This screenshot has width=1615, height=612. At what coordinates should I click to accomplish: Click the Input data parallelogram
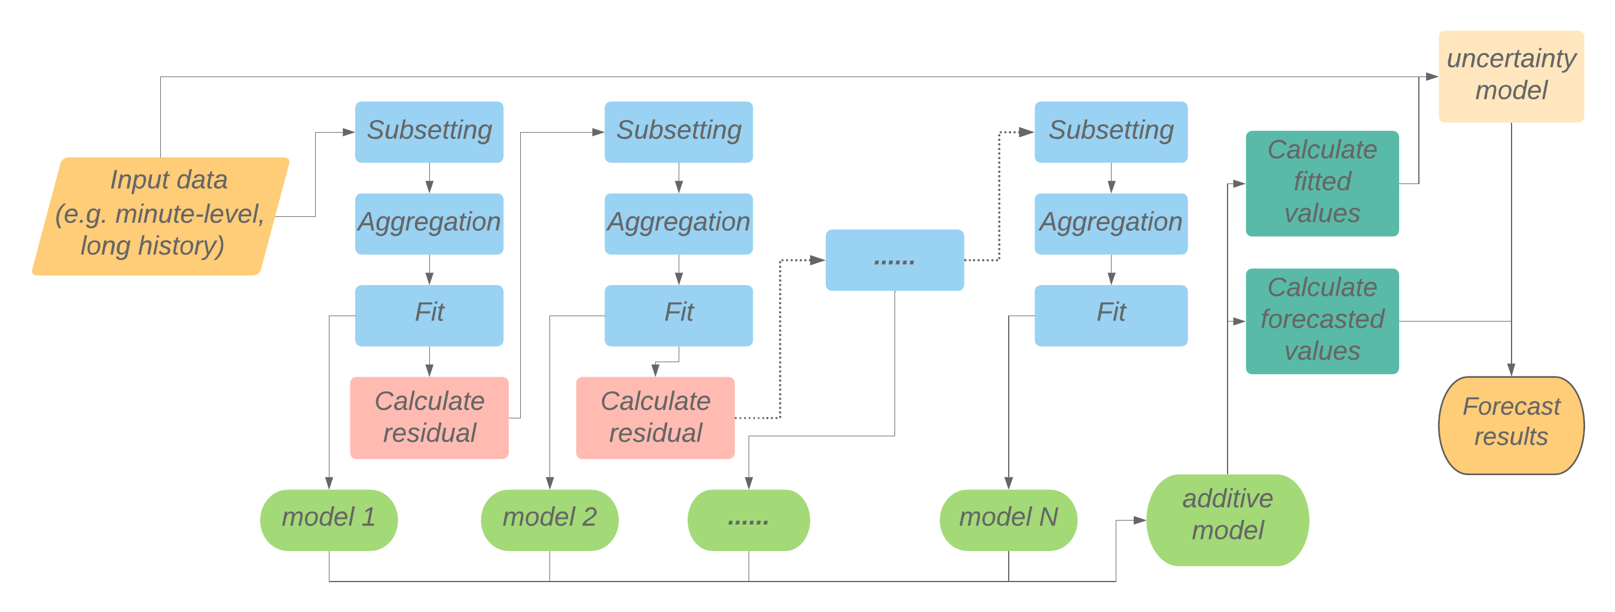click(160, 216)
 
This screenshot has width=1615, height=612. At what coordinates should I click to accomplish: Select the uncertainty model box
click(1510, 76)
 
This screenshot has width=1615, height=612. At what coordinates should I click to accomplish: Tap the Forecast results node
click(1510, 426)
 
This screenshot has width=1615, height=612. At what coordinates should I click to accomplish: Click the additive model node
click(1227, 520)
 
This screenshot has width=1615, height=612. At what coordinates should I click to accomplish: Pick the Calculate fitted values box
click(1321, 183)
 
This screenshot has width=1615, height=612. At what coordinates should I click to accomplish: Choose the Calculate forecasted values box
click(1321, 321)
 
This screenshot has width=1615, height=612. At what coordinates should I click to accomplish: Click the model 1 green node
click(328, 520)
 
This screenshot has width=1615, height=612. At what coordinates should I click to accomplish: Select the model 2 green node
click(549, 520)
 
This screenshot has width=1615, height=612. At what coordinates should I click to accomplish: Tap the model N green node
click(1008, 520)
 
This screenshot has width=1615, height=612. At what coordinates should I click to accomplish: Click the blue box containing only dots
click(894, 260)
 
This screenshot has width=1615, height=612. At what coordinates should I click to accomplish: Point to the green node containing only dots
click(748, 520)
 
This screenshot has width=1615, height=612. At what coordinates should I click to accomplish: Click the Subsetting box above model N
click(1110, 131)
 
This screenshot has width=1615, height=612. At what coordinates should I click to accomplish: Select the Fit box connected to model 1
click(429, 315)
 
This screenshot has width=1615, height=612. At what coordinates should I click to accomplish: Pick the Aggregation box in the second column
click(679, 223)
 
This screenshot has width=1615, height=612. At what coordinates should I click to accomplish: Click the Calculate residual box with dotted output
click(655, 417)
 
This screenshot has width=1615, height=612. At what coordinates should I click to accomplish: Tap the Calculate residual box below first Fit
click(429, 417)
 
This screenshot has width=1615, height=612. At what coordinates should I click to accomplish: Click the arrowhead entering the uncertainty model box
click(1431, 76)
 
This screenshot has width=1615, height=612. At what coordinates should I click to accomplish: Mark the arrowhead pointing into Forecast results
click(1511, 370)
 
